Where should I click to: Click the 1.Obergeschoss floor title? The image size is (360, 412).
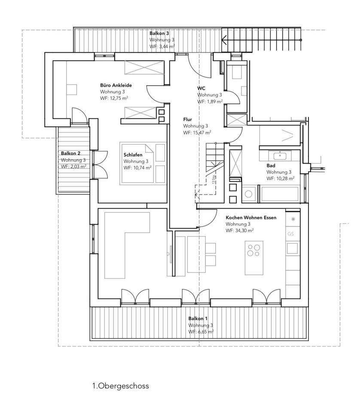tap(120, 386)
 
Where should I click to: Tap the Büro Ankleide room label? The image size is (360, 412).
tap(116, 85)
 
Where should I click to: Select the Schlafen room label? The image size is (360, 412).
tap(133, 154)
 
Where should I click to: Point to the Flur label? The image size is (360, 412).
tap(187, 120)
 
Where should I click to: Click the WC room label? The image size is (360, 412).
tap(201, 88)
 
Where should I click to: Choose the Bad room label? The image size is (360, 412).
tap(271, 165)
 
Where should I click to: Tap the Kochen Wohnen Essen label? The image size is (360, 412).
tap(251, 218)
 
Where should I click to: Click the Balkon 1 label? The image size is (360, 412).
tap(198, 318)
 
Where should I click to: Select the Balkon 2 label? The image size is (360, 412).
tap(70, 153)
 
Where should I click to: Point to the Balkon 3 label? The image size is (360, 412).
tap(159, 33)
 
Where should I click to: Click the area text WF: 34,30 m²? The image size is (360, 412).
tap(239, 230)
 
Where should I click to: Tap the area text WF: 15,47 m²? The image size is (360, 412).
tap(197, 133)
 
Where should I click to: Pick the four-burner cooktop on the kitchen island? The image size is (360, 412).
tap(253, 249)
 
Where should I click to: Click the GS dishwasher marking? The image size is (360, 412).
tap(290, 234)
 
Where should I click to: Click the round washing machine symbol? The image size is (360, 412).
tap(248, 194)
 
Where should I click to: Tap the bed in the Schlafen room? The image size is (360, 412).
tap(144, 163)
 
